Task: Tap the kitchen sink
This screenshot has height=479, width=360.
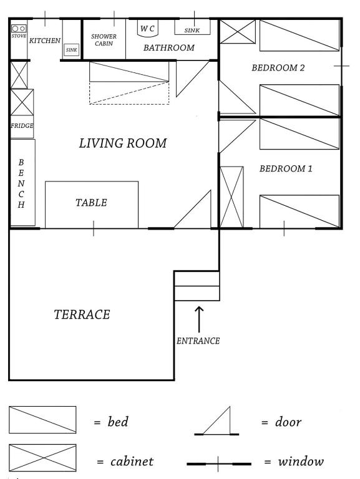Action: [72, 50]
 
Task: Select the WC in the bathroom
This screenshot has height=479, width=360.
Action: [148, 29]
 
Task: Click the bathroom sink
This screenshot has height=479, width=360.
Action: [192, 27]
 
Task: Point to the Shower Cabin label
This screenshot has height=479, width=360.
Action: [104, 40]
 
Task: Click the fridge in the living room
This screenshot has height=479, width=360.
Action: [22, 127]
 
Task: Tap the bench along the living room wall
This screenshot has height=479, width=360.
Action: [22, 183]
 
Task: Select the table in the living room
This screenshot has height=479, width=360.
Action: [92, 205]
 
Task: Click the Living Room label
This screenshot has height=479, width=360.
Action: [123, 143]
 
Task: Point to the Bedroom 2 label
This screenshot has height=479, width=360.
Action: [278, 67]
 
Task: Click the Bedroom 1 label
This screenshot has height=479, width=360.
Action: [286, 168]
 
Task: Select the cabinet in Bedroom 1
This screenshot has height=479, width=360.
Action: [231, 197]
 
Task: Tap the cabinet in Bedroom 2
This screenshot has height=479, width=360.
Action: [238, 32]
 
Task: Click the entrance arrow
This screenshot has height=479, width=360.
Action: [199, 319]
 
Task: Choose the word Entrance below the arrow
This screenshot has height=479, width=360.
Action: [198, 341]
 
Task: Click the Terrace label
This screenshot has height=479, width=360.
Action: [82, 314]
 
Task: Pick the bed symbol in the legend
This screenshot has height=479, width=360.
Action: [42, 420]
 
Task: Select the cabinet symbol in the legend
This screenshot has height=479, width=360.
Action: [42, 458]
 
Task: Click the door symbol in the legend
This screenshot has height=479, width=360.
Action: [216, 421]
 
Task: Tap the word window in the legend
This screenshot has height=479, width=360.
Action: [301, 462]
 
